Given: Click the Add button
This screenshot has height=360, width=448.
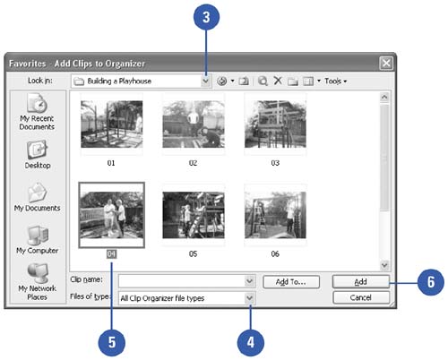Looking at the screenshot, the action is pyautogui.click(x=361, y=281).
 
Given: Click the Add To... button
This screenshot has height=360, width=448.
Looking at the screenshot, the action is pyautogui.click(x=291, y=282).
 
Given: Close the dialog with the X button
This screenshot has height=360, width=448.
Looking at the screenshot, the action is pyautogui.click(x=386, y=63).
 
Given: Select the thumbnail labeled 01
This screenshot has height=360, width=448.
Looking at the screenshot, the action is pyautogui.click(x=111, y=124).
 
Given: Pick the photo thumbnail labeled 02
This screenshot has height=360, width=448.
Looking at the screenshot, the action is pyautogui.click(x=194, y=124).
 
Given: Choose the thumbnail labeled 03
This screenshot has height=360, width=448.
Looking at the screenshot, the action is pyautogui.click(x=275, y=124).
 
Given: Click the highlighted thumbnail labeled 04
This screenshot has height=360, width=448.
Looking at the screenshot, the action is pyautogui.click(x=111, y=215).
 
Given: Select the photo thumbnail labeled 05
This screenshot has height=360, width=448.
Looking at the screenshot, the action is pyautogui.click(x=194, y=215).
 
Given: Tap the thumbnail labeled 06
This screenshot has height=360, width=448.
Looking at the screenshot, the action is pyautogui.click(x=275, y=215).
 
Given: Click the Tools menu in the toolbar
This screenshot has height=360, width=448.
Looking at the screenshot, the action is pyautogui.click(x=335, y=81).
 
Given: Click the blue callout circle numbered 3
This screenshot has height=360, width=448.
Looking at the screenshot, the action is pyautogui.click(x=206, y=17).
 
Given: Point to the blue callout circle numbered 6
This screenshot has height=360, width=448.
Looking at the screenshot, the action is pyautogui.click(x=431, y=282).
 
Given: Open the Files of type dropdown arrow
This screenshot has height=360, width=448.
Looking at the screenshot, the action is pyautogui.click(x=250, y=298).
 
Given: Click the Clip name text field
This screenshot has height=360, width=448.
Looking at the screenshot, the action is pyautogui.click(x=182, y=281).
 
